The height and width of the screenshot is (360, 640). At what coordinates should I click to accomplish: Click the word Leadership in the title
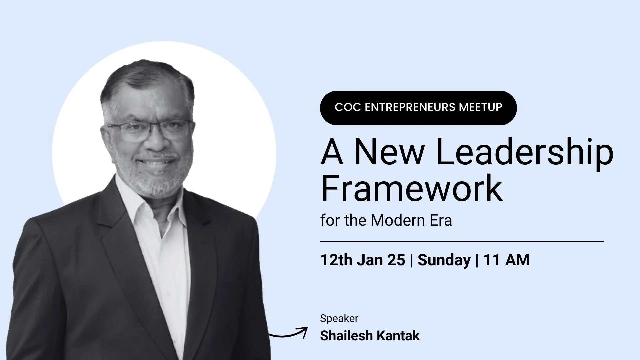(524, 152)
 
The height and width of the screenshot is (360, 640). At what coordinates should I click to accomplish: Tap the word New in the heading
(389, 152)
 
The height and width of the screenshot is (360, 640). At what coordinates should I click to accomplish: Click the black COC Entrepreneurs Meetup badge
(418, 108)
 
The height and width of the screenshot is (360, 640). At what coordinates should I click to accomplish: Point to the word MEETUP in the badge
(480, 107)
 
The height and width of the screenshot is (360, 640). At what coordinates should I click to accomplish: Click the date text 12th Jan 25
(363, 260)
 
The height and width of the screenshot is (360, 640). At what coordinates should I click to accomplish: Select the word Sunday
(444, 260)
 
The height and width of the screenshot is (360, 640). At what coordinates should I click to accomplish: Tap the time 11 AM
(506, 260)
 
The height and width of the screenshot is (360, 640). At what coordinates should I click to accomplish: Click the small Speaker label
(339, 319)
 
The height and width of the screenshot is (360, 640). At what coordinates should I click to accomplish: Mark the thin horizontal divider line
(462, 241)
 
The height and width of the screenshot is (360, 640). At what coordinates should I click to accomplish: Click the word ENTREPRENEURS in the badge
(410, 107)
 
